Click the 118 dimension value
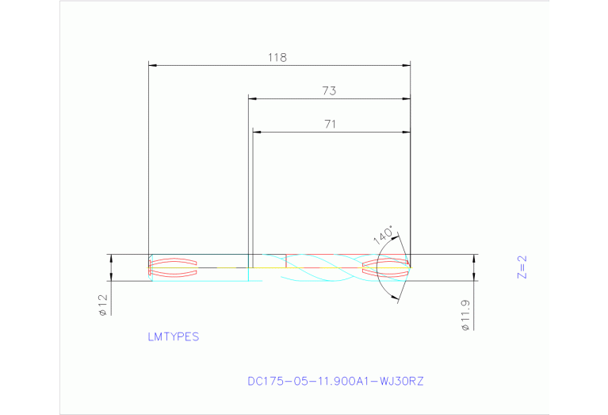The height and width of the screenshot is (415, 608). (277, 57)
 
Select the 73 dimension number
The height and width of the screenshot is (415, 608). (329, 91)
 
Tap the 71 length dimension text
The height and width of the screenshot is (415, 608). (331, 124)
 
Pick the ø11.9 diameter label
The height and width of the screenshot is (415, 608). (466, 314)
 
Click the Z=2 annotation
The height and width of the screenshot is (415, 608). (522, 267)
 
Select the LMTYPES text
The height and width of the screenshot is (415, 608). (173, 336)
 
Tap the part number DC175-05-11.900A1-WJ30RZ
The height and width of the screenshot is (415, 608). (336, 381)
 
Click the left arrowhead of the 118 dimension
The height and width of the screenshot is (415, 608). (154, 65)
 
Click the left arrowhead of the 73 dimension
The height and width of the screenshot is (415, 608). (253, 98)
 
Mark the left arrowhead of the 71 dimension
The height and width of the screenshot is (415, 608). (257, 131)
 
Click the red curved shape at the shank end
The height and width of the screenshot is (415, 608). (173, 267)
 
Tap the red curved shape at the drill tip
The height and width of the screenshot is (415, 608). (385, 267)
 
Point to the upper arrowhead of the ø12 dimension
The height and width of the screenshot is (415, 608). (111, 259)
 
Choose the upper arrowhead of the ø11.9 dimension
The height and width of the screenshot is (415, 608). (474, 259)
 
